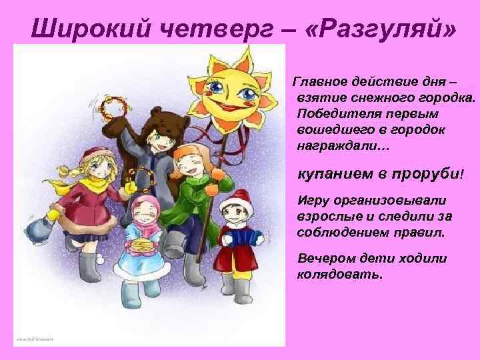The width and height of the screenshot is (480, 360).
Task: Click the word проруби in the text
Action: pos(427,174)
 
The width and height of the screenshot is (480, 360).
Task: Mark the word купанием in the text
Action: pos(331,174)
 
